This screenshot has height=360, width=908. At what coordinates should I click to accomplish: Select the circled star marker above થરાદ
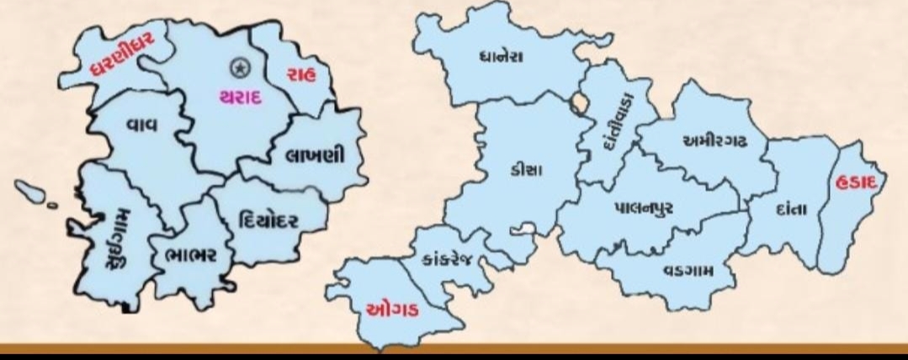(x=240, y=66)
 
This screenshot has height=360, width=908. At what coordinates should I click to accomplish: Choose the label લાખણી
(x=315, y=157)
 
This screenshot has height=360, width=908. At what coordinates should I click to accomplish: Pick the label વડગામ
(x=688, y=270)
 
